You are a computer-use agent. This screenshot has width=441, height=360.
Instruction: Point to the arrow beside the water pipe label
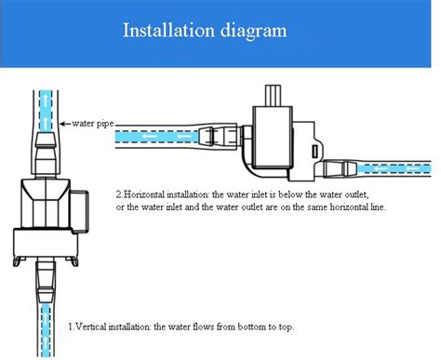point(63,122)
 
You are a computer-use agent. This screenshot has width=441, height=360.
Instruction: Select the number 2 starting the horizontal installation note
point(118,194)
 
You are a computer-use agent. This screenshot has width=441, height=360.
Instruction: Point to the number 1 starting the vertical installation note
point(71,327)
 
